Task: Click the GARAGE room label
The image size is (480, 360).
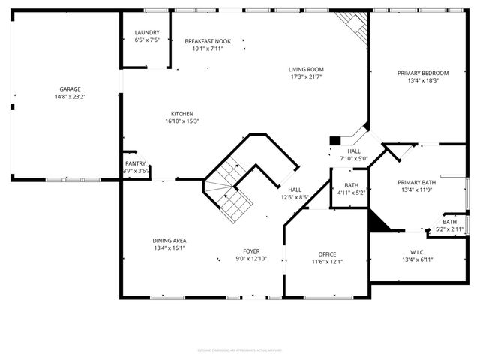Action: point(65,89)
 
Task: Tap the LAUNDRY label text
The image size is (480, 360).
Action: point(147,33)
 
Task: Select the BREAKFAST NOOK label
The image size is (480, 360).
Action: point(208,41)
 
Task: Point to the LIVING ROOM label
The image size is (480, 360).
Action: point(306,70)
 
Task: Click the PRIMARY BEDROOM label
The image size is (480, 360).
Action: point(423,73)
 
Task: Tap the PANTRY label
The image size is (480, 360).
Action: point(136,163)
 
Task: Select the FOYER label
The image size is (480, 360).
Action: point(251,251)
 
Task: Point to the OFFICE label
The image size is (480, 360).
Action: point(327,254)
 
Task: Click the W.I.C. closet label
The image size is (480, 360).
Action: point(418,252)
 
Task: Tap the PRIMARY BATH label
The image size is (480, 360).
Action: point(417,182)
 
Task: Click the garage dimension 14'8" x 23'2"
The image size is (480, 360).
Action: point(65,97)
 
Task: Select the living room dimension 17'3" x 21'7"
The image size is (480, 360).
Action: point(306,77)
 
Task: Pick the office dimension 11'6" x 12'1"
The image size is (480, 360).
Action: point(327,262)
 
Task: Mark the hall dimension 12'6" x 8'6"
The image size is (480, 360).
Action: point(295,197)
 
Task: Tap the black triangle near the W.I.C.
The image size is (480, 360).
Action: point(376,221)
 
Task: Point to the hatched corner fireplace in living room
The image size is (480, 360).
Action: point(352,26)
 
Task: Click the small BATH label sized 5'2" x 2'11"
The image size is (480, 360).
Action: point(449,222)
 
